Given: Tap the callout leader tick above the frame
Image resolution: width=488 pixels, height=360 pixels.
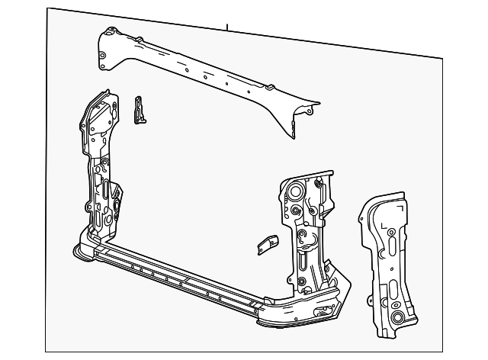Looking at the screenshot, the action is click(x=227, y=27).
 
